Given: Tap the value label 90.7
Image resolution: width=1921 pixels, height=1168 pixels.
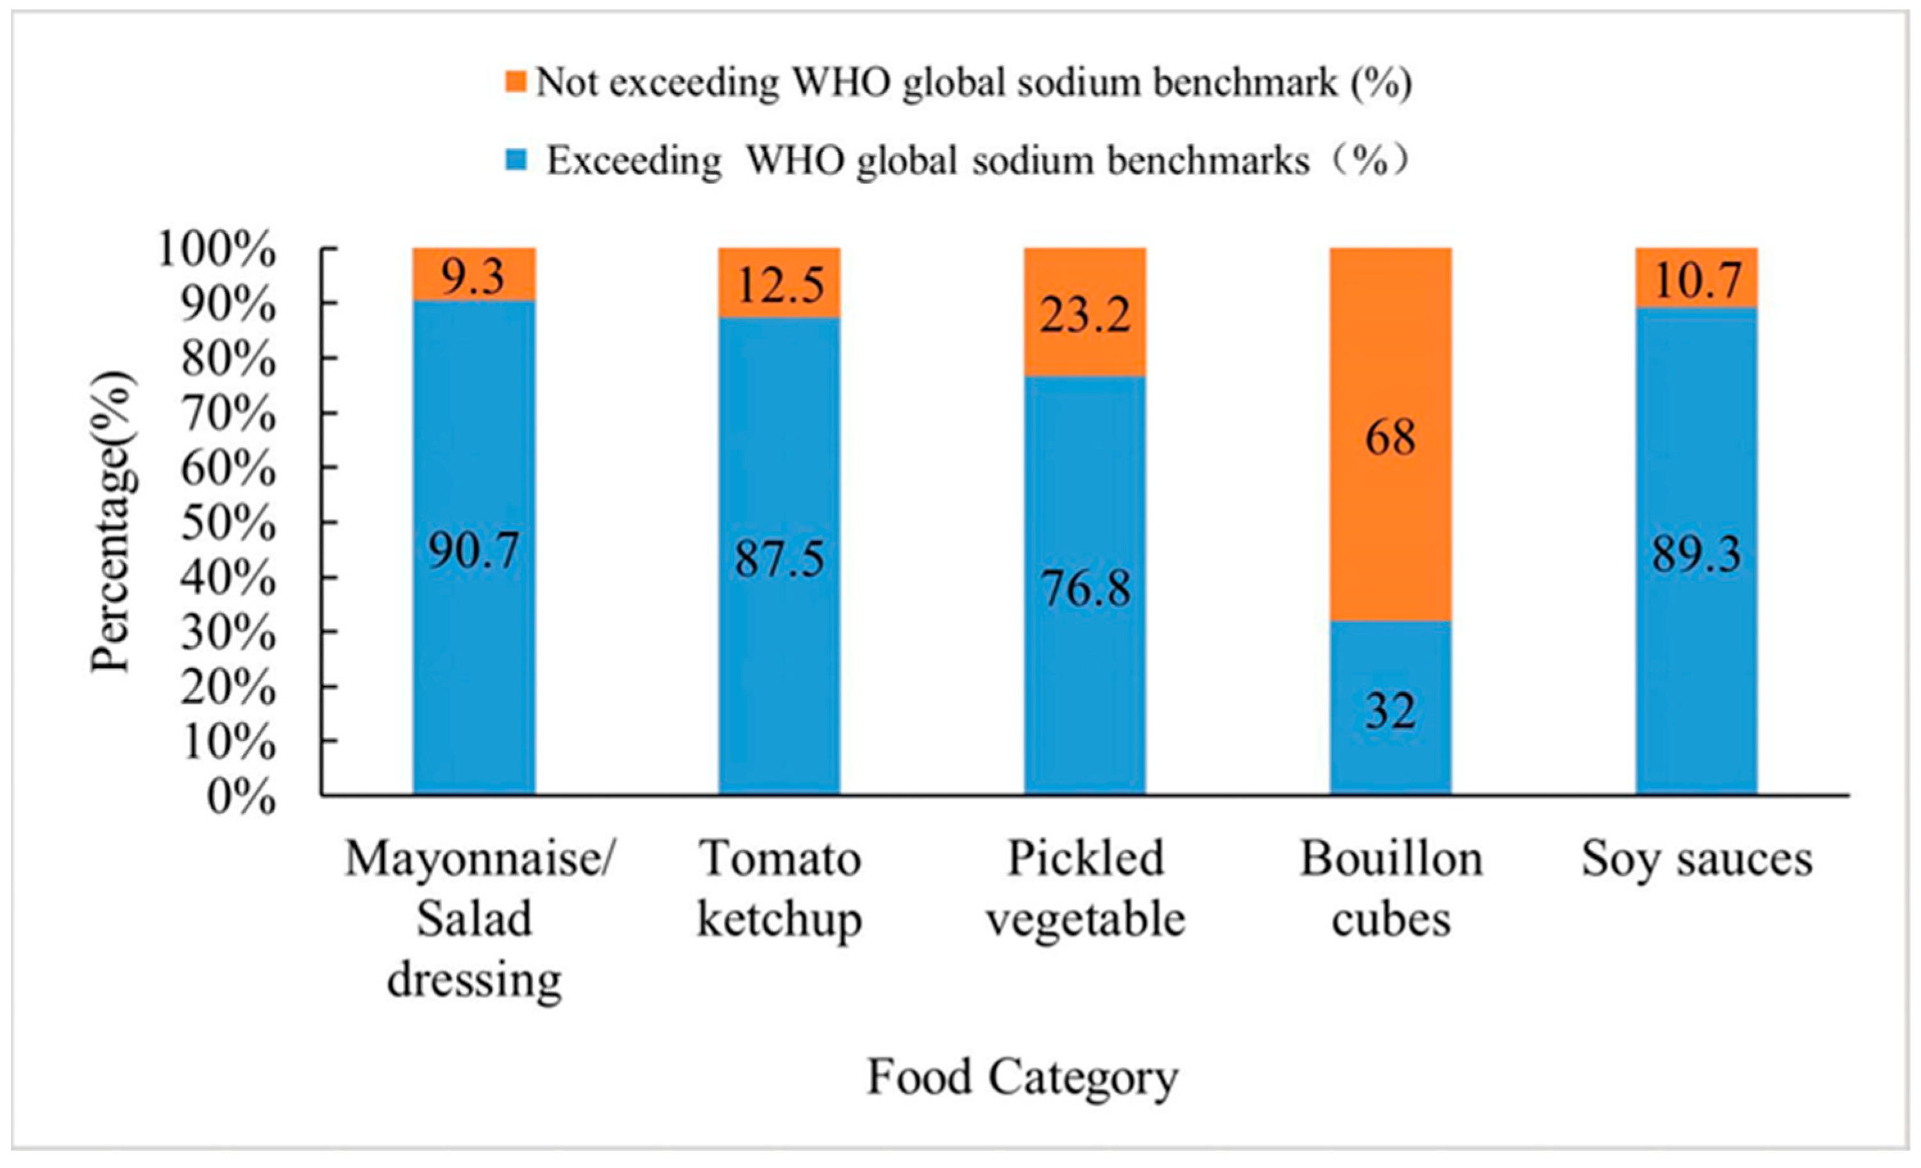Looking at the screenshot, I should (473, 551).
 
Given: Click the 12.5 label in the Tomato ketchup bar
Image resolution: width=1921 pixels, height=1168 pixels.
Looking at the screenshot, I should (780, 285).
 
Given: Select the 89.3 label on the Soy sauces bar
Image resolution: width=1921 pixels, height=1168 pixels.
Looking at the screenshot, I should (1696, 555).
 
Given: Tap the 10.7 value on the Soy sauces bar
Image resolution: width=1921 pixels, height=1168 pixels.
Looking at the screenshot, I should (1696, 279).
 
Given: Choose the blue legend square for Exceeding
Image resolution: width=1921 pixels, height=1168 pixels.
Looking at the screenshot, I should (516, 161).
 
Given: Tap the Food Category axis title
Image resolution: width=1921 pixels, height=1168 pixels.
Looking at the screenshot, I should (1022, 1078).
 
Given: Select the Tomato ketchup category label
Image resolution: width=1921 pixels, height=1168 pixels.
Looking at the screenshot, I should (780, 889).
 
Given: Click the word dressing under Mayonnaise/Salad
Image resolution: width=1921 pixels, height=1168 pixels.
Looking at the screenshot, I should (474, 980).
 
